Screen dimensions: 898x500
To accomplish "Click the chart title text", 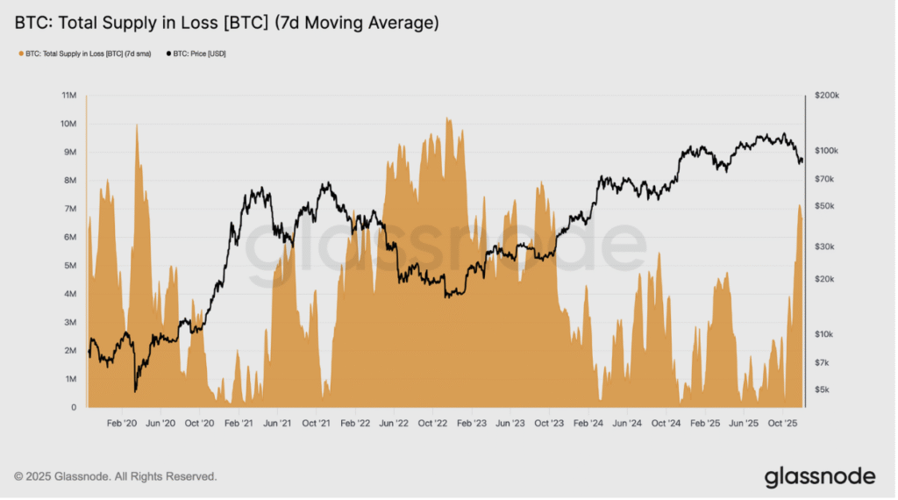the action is click(227, 23).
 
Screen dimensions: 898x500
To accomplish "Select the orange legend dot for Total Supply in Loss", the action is click(21, 54).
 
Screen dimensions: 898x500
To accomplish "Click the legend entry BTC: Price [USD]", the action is click(196, 54).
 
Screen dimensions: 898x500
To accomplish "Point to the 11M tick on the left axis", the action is click(68, 95).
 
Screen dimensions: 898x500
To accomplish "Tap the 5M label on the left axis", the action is click(70, 266).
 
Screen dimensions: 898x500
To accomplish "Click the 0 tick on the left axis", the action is click(74, 408).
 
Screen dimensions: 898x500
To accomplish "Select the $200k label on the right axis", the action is click(826, 95).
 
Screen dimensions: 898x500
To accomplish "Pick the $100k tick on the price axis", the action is click(826, 151).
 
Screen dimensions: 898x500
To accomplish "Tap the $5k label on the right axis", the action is click(822, 389).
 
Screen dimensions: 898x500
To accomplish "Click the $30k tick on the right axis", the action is click(824, 246).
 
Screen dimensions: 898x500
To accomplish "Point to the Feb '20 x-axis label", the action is click(122, 424).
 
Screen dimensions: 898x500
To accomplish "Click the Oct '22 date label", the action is click(432, 424).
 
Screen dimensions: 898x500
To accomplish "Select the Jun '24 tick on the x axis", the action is click(627, 424).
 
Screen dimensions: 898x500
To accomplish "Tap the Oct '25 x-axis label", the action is click(782, 424).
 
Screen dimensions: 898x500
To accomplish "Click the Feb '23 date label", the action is click(471, 424).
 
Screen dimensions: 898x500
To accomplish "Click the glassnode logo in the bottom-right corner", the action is click(820, 476).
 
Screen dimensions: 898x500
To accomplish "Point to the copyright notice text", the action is click(116, 476).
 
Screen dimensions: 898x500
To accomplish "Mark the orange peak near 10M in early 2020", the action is click(136, 125).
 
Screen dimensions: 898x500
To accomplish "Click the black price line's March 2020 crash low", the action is click(135, 392).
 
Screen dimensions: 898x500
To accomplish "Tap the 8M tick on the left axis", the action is click(70, 181).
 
